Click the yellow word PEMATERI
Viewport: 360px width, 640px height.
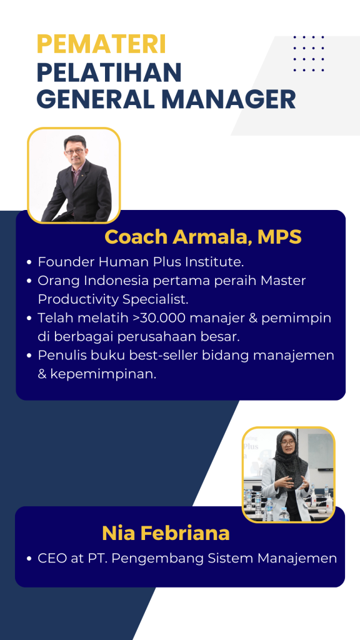pos(101,44)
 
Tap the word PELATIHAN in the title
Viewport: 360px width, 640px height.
pos(109,72)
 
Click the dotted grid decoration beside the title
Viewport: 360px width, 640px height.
pos(309,54)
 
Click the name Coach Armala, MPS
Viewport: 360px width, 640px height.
pos(203,237)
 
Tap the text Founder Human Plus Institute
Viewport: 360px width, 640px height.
pos(141,262)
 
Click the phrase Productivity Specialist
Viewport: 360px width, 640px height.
pos(113,299)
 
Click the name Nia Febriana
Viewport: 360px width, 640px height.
pos(166,534)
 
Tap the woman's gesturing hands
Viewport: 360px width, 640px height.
pos(291,482)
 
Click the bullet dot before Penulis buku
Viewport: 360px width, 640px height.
pos(29,356)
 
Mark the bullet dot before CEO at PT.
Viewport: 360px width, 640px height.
pos(29,559)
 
